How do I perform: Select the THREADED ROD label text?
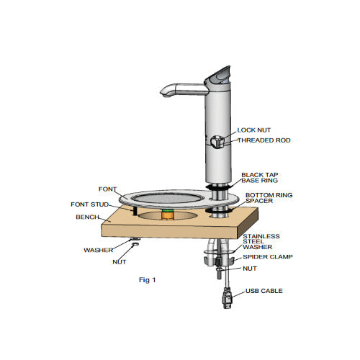tap(264, 140)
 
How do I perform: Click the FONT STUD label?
tap(90, 204)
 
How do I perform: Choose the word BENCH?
tap(86, 216)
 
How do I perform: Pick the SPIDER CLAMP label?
tap(266, 256)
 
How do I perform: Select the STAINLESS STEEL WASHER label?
tap(261, 241)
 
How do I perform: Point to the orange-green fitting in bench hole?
tap(168, 214)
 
